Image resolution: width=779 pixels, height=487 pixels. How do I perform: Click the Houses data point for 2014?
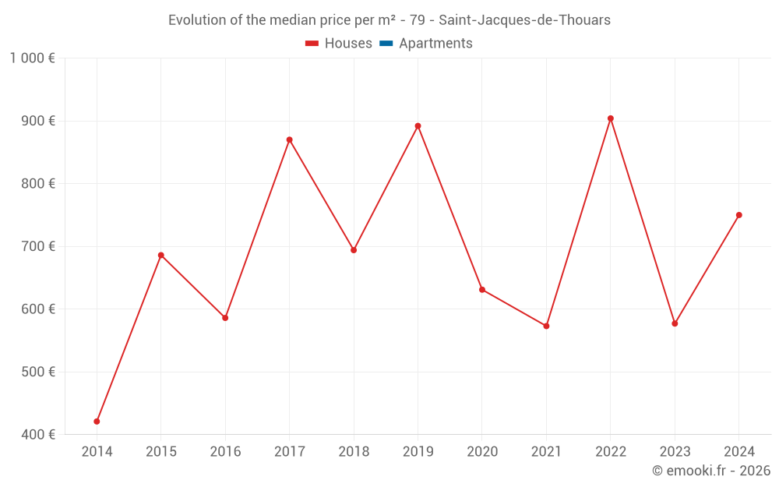(97, 422)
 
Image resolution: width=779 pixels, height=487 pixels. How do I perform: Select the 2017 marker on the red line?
(289, 140)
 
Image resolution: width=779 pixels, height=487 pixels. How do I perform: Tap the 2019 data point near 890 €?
(418, 126)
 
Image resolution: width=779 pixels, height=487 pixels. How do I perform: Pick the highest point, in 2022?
(611, 118)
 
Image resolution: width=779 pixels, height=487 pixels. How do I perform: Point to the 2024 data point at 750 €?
(739, 215)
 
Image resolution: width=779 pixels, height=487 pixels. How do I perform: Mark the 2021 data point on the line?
(546, 326)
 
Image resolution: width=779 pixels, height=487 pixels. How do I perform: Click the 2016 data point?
(225, 318)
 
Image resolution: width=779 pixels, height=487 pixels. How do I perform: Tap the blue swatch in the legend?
(386, 44)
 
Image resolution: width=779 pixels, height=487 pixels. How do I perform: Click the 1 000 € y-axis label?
(33, 58)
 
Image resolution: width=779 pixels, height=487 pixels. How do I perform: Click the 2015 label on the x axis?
(161, 452)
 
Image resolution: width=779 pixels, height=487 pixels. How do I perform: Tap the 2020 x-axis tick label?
(482, 452)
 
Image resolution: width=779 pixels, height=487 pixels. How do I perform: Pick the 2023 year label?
(675, 452)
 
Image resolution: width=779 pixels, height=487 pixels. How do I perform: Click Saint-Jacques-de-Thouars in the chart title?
(524, 19)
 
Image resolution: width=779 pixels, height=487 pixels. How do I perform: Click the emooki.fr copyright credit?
(711, 471)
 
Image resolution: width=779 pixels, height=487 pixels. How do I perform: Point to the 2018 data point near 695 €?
(354, 250)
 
